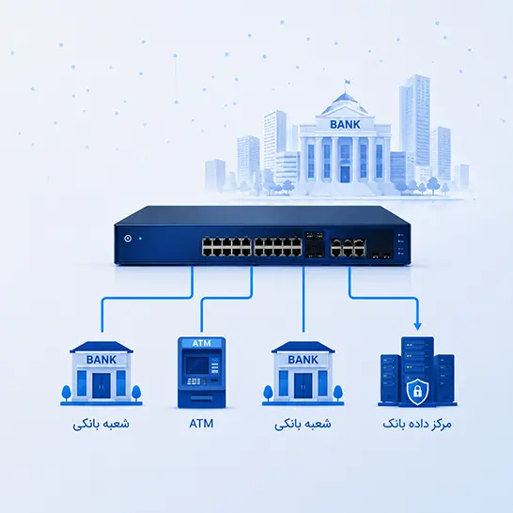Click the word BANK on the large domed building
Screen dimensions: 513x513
pyautogui.click(x=345, y=124)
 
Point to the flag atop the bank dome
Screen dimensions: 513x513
pyautogui.click(x=348, y=81)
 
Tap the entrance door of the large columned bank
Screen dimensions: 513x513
pyautogui.click(x=345, y=175)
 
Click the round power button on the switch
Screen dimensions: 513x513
pyautogui.click(x=128, y=239)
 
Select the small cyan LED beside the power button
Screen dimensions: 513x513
pyautogui.click(x=140, y=239)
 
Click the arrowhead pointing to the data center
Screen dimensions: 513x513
pyautogui.click(x=417, y=326)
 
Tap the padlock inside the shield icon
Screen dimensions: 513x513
pyautogui.click(x=417, y=390)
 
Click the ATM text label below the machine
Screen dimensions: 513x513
pyautogui.click(x=201, y=424)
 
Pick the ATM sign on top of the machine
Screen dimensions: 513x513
pyautogui.click(x=201, y=343)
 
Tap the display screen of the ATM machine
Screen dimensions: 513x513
pyautogui.click(x=197, y=365)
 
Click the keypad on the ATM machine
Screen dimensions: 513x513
pyautogui.click(x=193, y=381)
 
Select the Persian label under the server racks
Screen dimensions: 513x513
pyautogui.click(x=417, y=424)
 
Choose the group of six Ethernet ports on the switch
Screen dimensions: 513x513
pyautogui.click(x=348, y=247)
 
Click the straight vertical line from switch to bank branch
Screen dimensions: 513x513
pyautogui.click(x=303, y=299)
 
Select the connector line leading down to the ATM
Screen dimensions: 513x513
pyautogui.click(x=225, y=298)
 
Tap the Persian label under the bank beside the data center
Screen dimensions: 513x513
pyautogui.click(x=303, y=425)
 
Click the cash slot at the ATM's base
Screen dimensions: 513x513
pyautogui.click(x=201, y=399)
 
